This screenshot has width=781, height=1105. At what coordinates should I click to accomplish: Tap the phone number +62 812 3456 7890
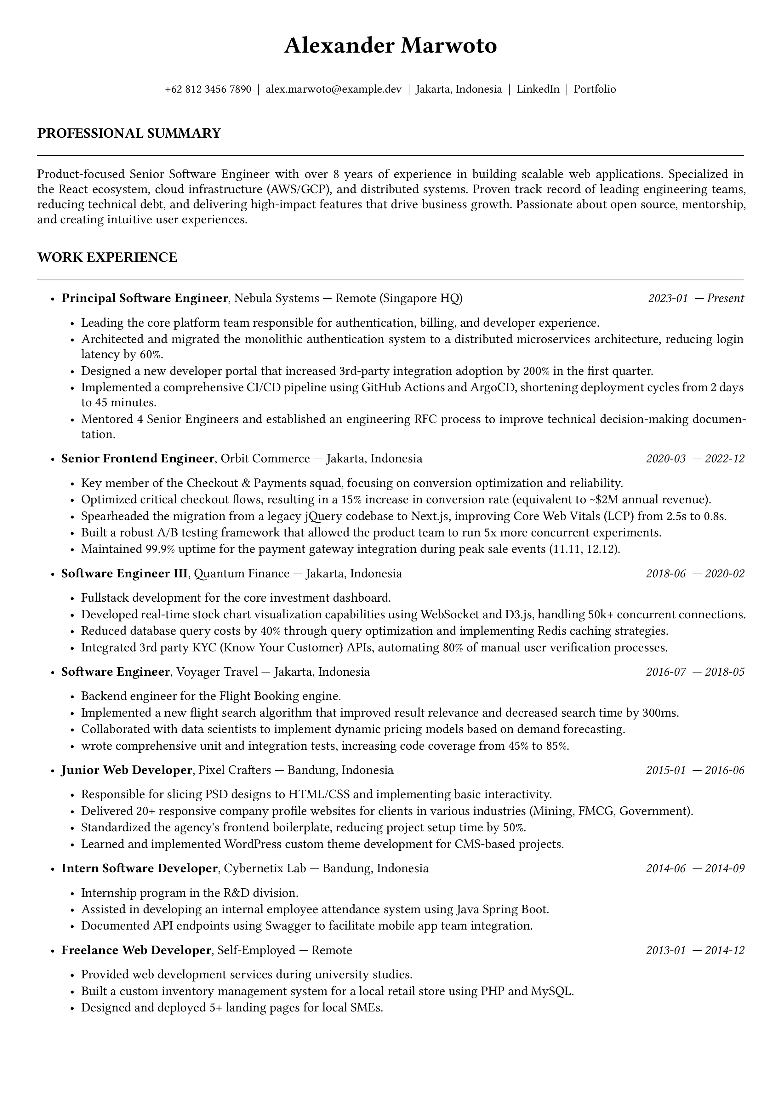[208, 89]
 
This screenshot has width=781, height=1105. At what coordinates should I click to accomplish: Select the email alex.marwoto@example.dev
[333, 89]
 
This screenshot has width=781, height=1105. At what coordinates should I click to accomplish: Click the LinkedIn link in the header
[538, 89]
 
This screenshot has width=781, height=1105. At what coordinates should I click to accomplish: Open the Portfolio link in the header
[595, 89]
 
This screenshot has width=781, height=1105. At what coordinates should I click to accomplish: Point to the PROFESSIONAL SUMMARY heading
[129, 133]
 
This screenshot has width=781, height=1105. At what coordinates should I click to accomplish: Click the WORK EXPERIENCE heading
[107, 257]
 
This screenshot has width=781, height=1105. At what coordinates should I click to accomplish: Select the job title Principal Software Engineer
[144, 298]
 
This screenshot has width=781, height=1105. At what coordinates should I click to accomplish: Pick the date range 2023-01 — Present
[696, 298]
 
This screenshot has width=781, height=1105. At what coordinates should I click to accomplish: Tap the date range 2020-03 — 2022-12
[695, 459]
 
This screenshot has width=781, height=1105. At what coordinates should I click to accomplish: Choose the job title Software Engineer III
[124, 574]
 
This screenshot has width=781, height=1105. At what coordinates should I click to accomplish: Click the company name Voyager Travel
[217, 672]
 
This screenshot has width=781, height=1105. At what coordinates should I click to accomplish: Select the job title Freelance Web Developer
[136, 950]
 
